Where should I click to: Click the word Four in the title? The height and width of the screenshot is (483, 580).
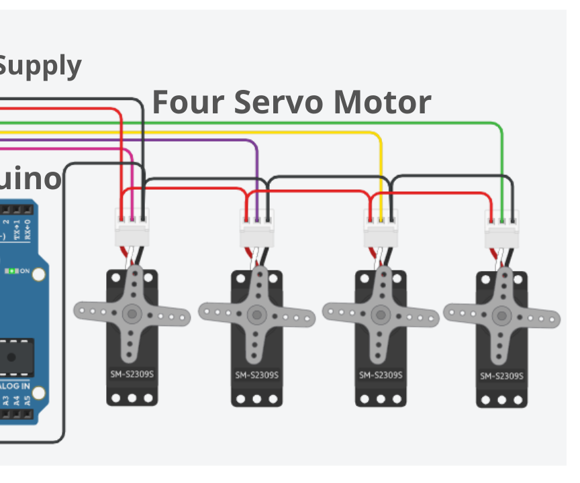[x=187, y=103]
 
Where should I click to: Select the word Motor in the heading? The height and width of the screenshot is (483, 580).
[x=383, y=103]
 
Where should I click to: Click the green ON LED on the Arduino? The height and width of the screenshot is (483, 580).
[x=11, y=270]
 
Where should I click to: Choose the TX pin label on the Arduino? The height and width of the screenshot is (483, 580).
[x=16, y=229]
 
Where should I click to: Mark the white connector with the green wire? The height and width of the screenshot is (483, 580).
[x=503, y=229]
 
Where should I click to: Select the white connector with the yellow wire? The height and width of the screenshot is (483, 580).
[x=381, y=229]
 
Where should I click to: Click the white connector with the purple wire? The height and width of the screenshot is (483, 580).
[x=258, y=229]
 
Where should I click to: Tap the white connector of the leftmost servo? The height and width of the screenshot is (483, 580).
[x=132, y=229]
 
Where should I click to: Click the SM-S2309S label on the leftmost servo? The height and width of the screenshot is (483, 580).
[x=132, y=374]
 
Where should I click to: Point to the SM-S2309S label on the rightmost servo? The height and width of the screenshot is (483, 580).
[x=501, y=376]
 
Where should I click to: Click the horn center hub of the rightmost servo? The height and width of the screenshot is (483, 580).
[x=501, y=315]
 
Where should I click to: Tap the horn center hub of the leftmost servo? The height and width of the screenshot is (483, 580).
[x=132, y=313]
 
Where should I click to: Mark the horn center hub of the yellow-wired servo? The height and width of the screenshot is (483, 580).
[x=381, y=314]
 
